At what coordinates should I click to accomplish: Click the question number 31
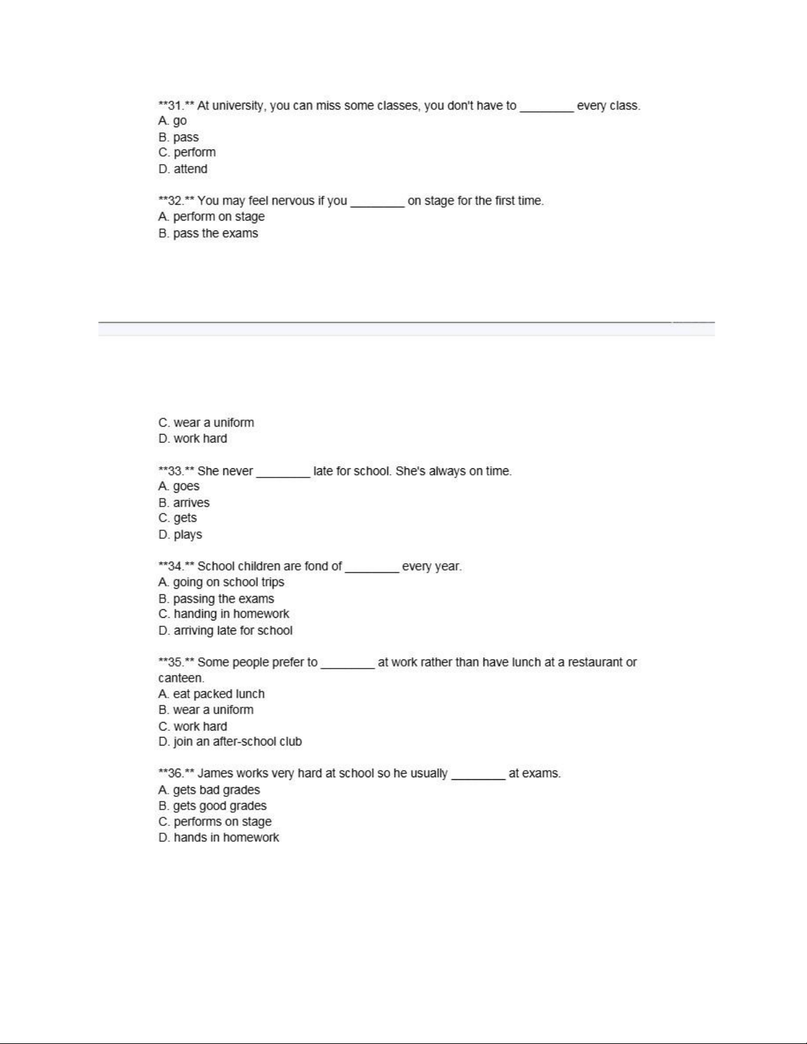tap(175, 105)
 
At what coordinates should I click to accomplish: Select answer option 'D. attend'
tap(182, 169)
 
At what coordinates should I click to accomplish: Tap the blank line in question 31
tap(546, 107)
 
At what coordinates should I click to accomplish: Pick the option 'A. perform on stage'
tap(211, 217)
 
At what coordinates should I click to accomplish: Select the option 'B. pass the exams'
tap(208, 233)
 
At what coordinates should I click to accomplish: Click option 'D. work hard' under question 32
tap(192, 439)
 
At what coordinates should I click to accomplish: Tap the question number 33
tap(175, 471)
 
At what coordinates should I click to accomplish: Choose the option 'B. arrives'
tap(184, 503)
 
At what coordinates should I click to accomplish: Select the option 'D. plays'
tap(180, 534)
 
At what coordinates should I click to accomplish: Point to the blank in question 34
tap(372, 568)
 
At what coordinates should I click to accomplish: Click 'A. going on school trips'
tap(221, 582)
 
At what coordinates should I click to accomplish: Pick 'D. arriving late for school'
tap(225, 630)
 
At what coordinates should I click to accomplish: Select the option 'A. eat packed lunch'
tap(211, 694)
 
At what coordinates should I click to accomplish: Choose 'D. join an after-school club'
tap(229, 742)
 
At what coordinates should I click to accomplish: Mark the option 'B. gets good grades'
tap(212, 806)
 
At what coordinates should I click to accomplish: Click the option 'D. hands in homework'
tap(218, 837)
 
